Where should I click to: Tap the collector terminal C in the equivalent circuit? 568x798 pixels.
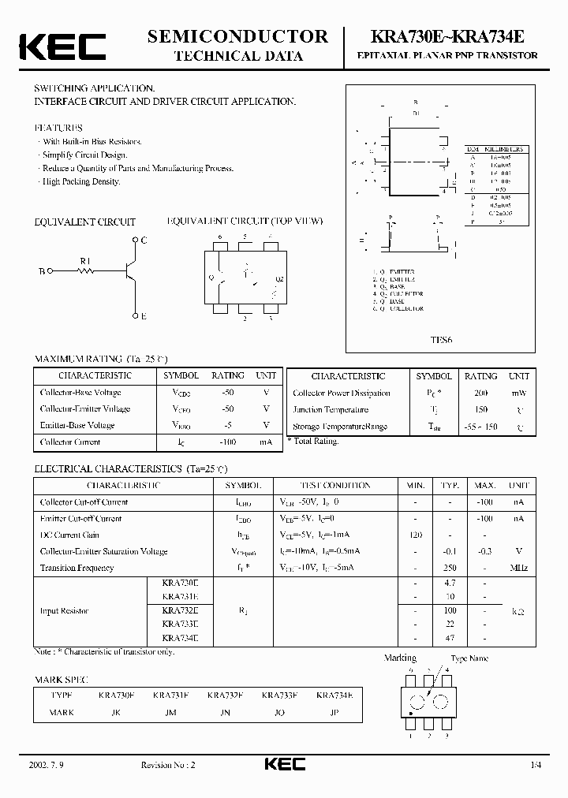144,239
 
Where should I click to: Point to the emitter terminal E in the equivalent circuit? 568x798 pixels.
144,315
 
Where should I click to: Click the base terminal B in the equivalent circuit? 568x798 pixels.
41,270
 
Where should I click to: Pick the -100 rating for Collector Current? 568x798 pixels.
227,442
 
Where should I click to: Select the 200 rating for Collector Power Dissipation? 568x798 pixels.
480,393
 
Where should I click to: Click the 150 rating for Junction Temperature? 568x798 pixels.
480,409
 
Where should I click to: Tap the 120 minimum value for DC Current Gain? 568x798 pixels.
416,535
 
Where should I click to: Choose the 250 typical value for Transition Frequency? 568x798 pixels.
450,568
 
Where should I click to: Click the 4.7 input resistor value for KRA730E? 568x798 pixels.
450,584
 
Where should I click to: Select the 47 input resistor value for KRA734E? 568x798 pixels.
450,637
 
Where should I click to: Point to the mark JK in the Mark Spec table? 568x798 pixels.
117,712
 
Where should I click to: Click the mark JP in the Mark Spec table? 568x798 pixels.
334,712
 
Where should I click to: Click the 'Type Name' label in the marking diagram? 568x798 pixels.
469,658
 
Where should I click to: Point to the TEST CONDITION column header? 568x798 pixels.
335,486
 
